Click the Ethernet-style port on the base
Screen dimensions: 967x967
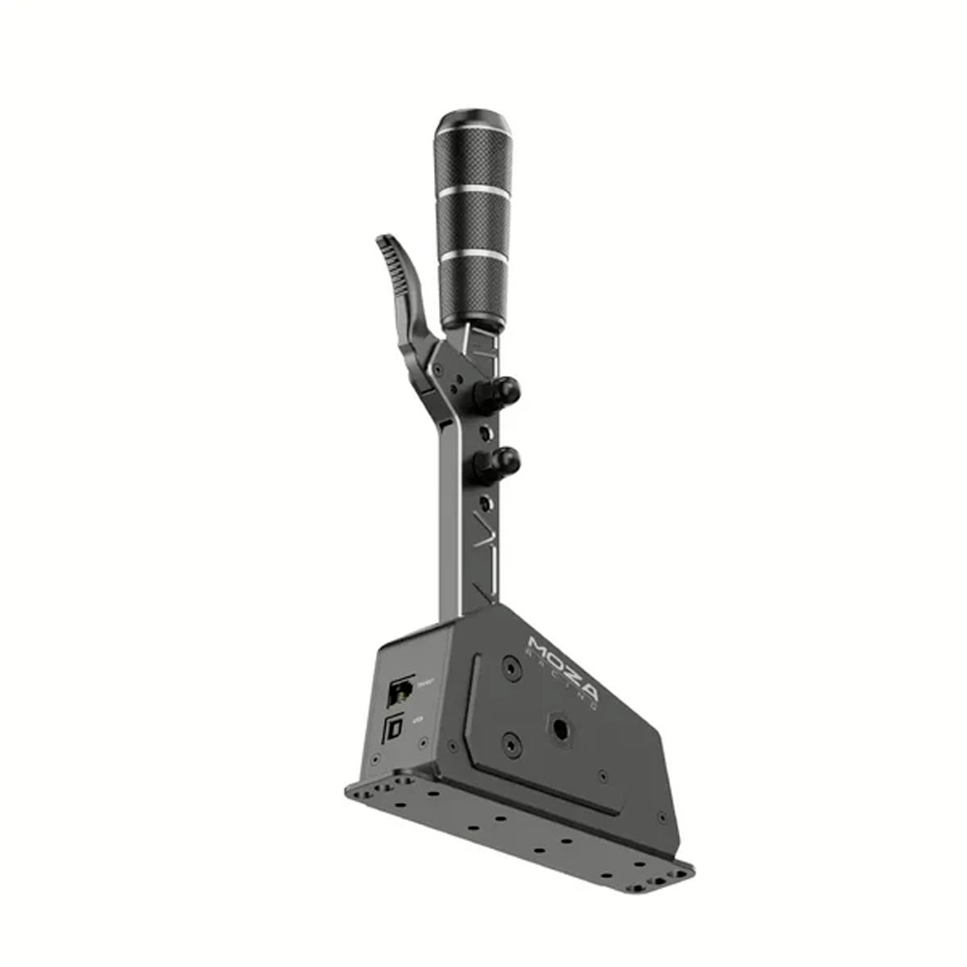[x=399, y=689]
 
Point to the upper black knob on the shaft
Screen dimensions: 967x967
[x=503, y=391]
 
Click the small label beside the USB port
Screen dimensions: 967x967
[x=418, y=719]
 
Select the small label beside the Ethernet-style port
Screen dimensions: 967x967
[x=425, y=682]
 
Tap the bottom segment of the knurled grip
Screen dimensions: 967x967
[x=474, y=290]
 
